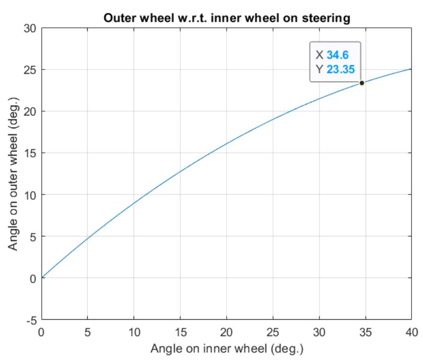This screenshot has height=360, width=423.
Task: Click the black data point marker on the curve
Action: [x=362, y=83]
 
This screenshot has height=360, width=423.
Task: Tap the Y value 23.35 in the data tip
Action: [x=341, y=70]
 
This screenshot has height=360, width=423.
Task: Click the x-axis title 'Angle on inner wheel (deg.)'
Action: [x=227, y=347]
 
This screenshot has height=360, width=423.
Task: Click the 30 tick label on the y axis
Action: [x=30, y=28]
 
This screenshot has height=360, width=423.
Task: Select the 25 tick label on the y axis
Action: [x=30, y=70]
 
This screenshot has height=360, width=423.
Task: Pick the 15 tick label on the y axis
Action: [x=30, y=153]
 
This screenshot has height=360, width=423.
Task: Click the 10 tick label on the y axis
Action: [x=30, y=195]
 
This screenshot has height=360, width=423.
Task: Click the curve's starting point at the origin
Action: [x=42, y=278]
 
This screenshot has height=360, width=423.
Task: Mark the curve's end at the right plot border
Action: [x=412, y=69]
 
